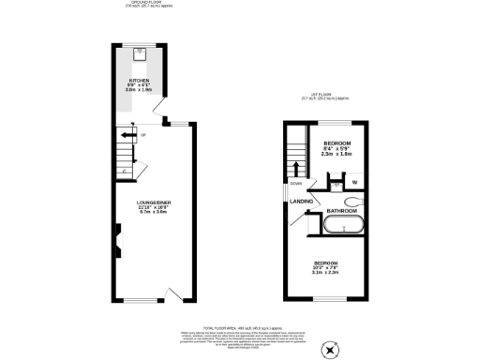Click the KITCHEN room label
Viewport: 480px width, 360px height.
pyautogui.click(x=139, y=82)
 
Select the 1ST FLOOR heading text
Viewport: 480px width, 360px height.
pyautogui.click(x=322, y=95)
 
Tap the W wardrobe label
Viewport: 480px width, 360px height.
pyautogui.click(x=354, y=181)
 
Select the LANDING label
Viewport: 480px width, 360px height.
pyautogui.click(x=301, y=201)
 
